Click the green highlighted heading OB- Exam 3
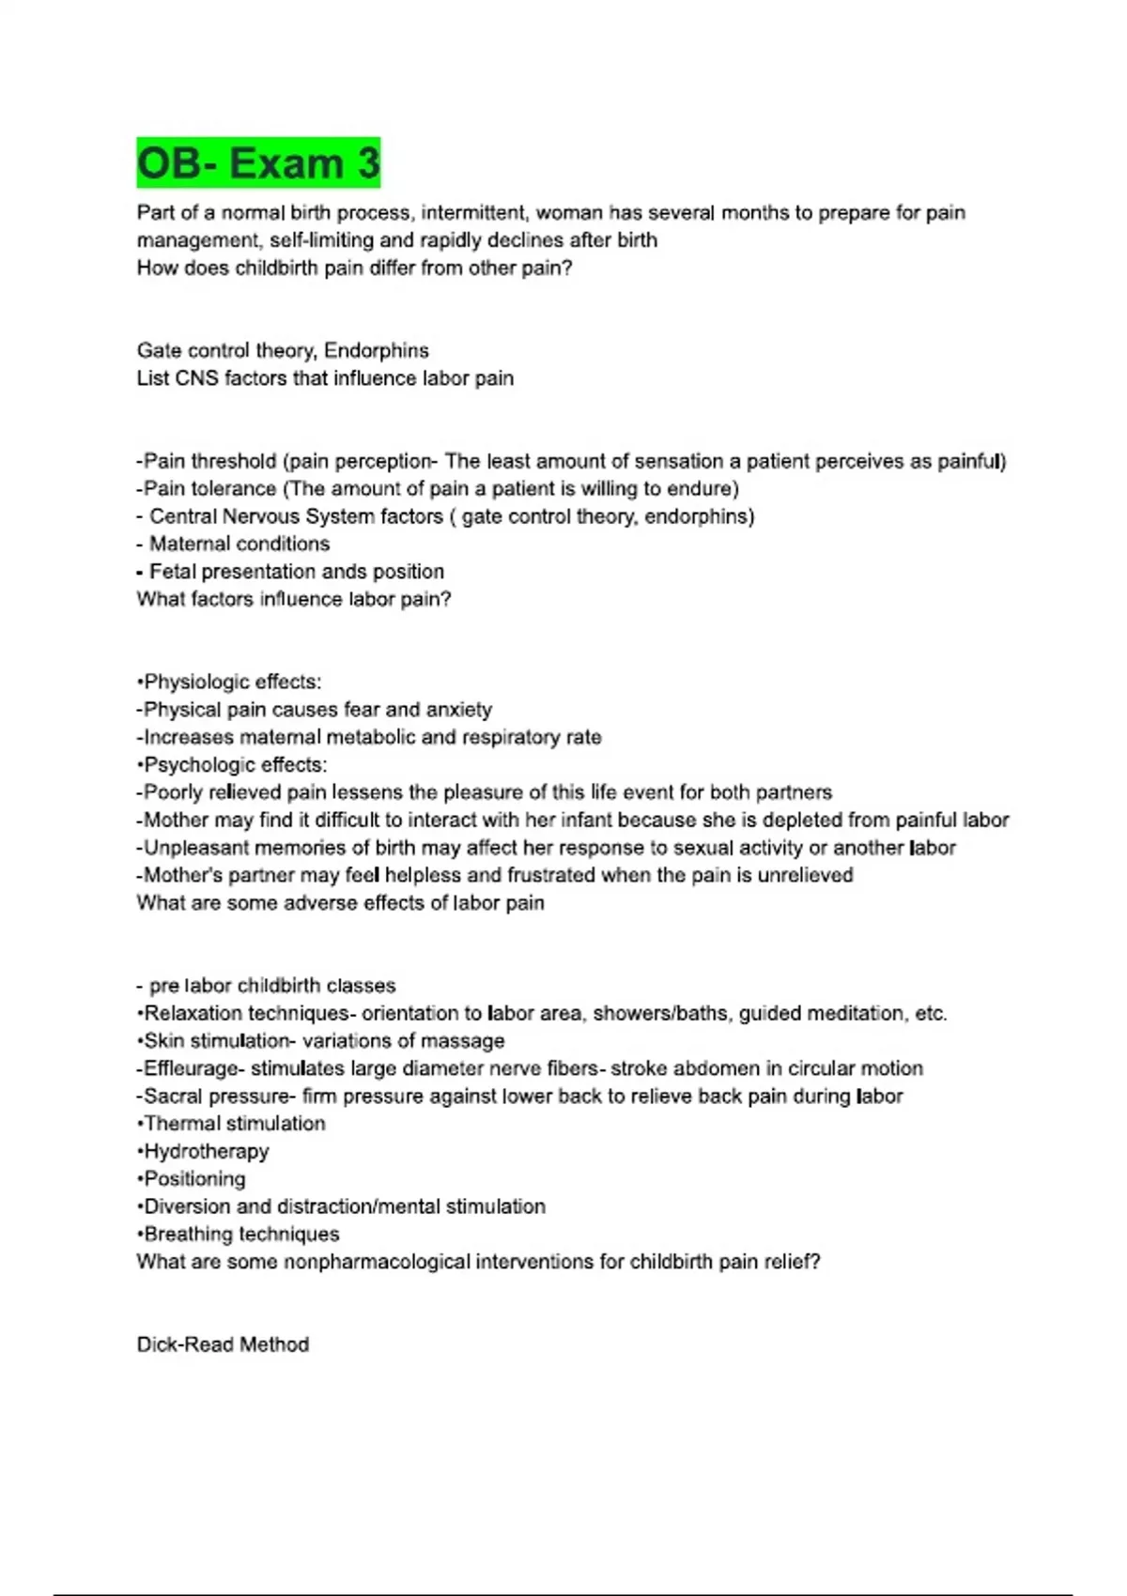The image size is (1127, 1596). (x=258, y=163)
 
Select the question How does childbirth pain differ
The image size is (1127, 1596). (x=354, y=269)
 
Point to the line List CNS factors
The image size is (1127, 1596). (x=325, y=378)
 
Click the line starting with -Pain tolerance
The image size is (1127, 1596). (x=438, y=489)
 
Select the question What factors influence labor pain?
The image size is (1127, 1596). (x=293, y=599)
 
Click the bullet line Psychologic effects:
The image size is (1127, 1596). (x=234, y=765)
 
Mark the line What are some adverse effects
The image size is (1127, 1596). (x=340, y=903)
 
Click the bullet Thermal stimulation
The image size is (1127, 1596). (x=234, y=1124)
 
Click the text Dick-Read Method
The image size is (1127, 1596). (x=223, y=1344)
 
